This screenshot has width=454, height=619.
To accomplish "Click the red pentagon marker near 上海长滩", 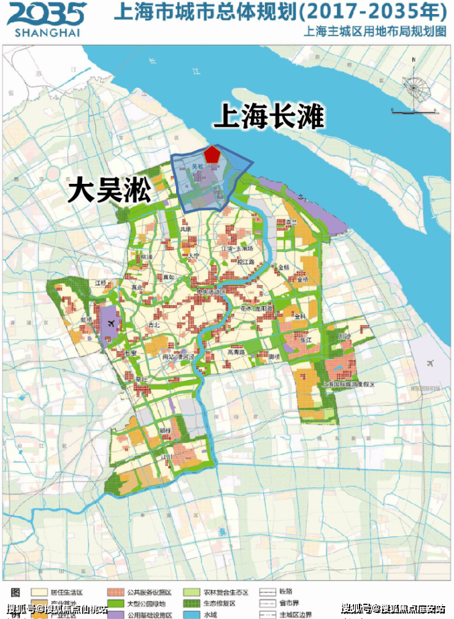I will [x=212, y=154].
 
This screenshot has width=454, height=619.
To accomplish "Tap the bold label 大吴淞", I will [x=109, y=190].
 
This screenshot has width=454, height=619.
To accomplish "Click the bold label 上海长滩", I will [x=267, y=116].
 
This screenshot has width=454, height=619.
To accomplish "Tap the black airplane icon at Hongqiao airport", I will [x=110, y=323].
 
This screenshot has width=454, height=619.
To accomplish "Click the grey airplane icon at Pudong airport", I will [x=429, y=363].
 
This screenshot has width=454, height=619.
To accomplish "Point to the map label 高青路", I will [x=236, y=352].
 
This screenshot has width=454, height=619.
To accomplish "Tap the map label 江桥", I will [x=101, y=283].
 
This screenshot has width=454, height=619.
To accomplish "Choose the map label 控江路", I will [x=245, y=262].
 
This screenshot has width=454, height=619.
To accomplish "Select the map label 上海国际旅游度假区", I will [x=348, y=384].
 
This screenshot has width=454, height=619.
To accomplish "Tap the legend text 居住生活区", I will [x=67, y=593].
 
